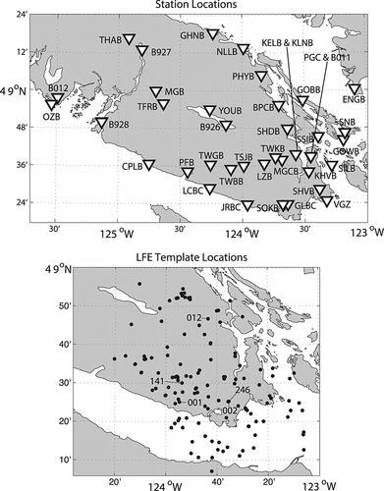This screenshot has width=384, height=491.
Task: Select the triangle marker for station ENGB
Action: click(356, 90)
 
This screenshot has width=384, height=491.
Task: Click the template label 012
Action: click(193, 317)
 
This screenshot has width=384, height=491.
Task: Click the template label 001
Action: click(193, 402)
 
